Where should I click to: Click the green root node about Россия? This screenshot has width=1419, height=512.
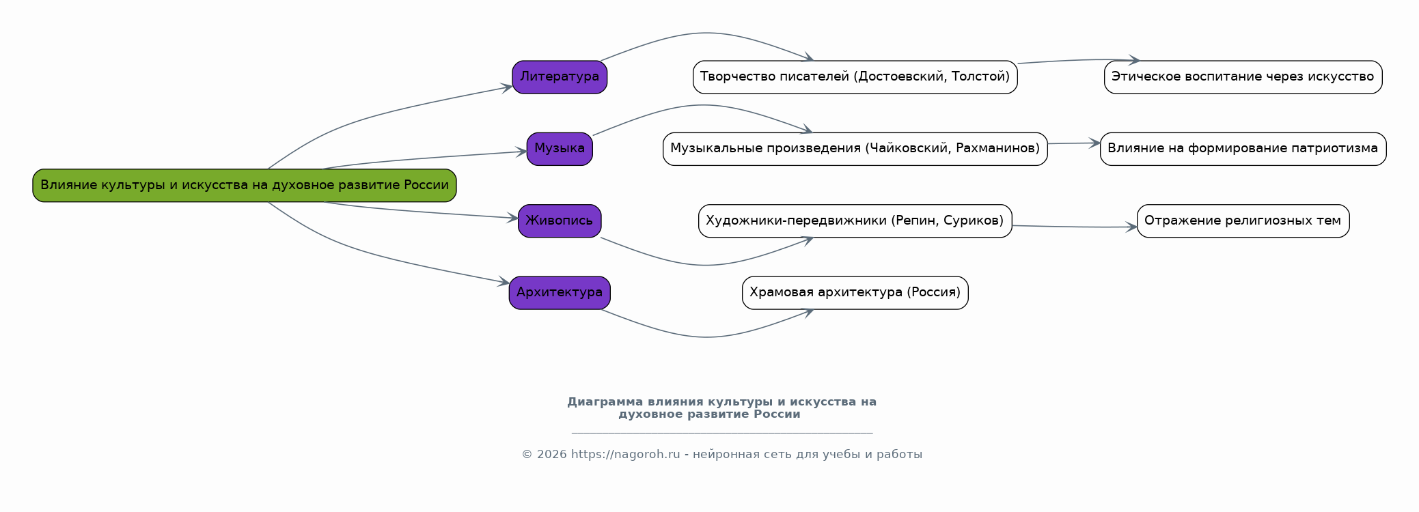coord(244,185)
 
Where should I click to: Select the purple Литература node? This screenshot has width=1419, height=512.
coord(560,76)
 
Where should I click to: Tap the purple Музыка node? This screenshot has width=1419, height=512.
coord(560,148)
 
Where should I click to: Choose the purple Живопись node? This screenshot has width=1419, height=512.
coord(560,221)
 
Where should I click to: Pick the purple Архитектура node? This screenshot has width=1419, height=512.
coord(560,292)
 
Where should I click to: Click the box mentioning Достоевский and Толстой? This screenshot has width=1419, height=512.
coord(855,76)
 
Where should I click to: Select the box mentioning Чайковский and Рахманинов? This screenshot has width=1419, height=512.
coord(855,148)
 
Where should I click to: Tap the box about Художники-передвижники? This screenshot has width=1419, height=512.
coord(855,221)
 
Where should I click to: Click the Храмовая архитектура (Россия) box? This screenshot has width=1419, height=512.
coord(855,292)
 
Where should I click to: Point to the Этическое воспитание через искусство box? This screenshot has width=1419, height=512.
coord(1243,76)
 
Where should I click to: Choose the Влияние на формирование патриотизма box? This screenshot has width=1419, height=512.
coord(1243,148)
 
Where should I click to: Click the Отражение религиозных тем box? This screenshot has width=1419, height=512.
coord(1243,221)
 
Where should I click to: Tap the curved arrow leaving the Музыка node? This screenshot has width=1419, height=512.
coord(704,105)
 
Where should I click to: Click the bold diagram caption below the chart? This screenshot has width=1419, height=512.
coord(721,408)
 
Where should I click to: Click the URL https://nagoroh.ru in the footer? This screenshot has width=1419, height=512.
coord(625,455)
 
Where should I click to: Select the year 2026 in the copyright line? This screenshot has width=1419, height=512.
coord(551,455)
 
